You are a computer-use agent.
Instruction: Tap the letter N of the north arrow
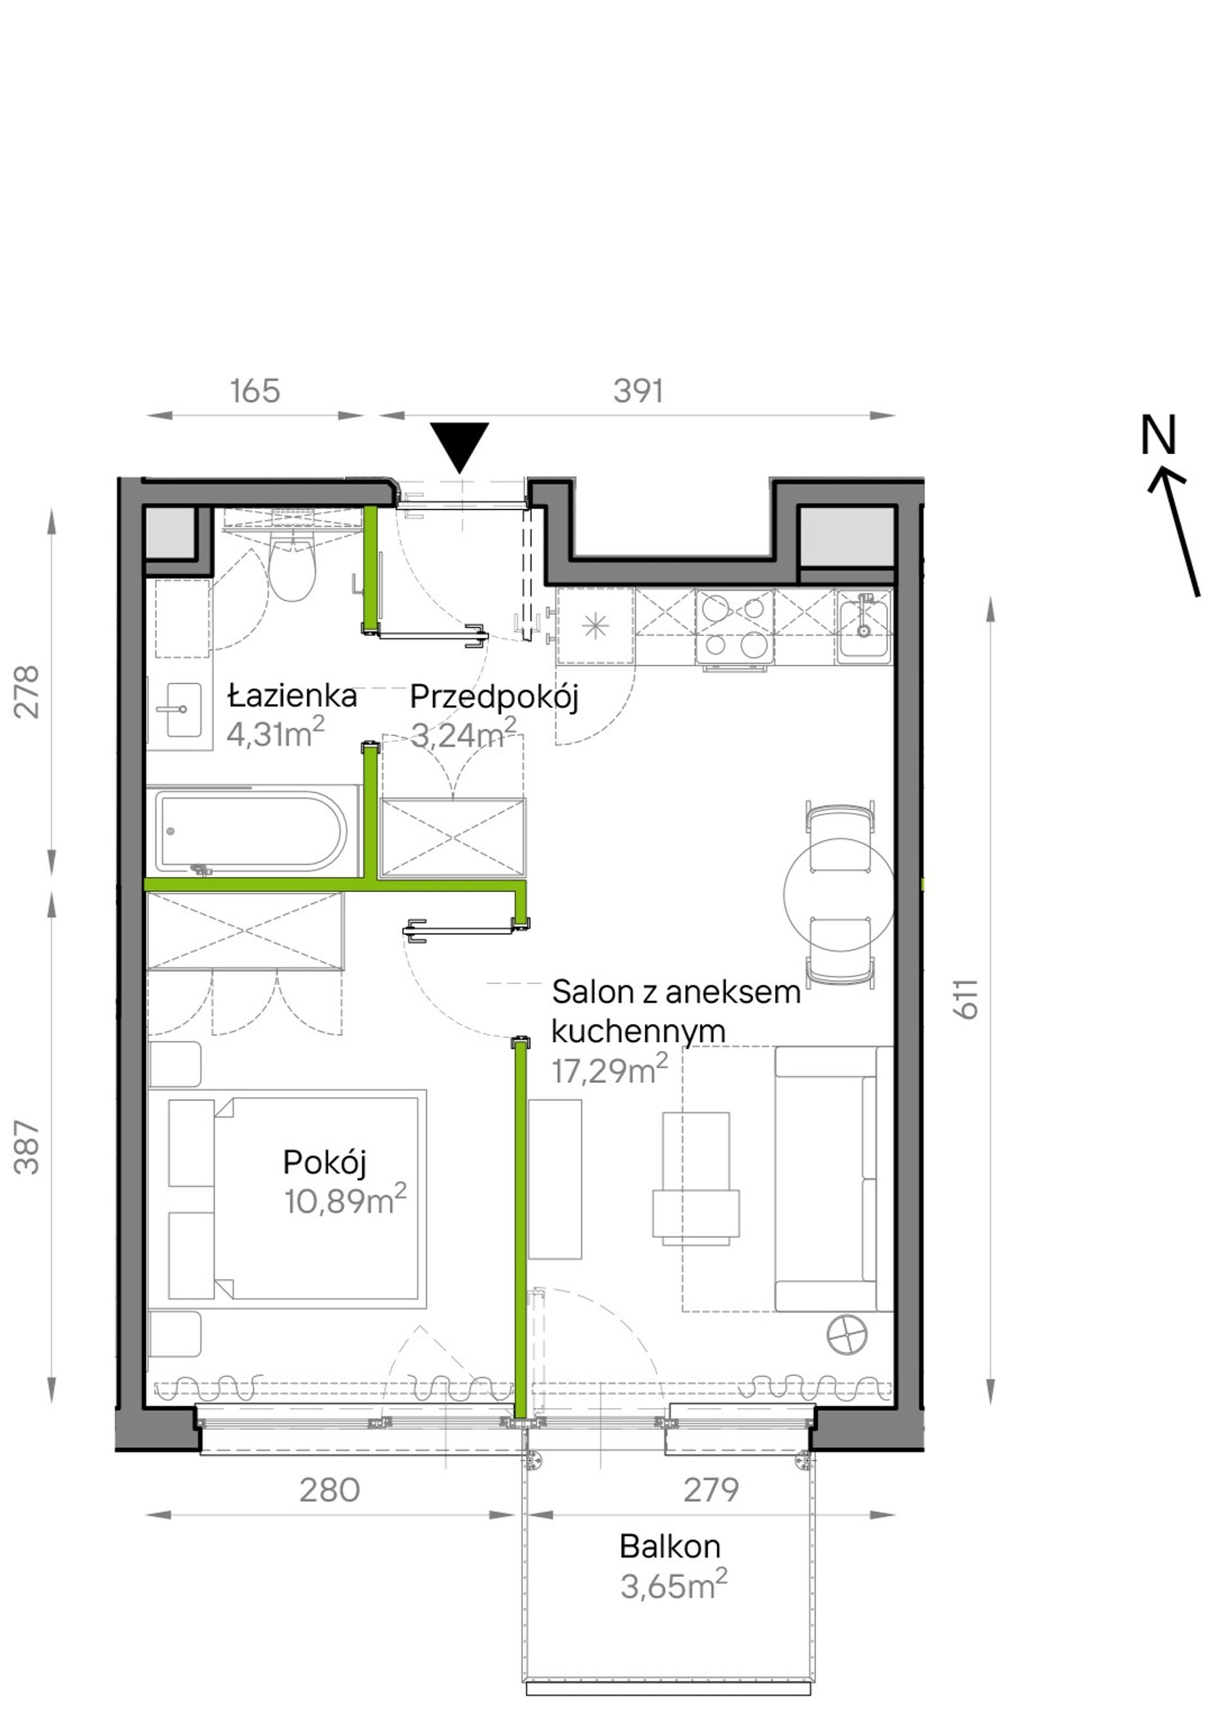[x=1158, y=436]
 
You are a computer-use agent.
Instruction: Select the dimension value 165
[x=255, y=392]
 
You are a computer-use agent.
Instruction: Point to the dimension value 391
[x=638, y=392]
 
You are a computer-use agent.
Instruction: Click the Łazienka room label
[x=292, y=696]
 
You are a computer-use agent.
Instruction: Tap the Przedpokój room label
[x=494, y=698]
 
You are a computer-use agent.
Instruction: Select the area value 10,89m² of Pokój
[x=345, y=1201]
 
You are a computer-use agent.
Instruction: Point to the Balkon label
[x=670, y=1546]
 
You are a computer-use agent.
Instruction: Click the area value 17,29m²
[x=610, y=1070]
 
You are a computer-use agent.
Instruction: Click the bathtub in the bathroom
[x=252, y=833]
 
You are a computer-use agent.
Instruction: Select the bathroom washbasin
[x=181, y=710]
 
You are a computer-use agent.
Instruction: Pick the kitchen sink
[x=864, y=626]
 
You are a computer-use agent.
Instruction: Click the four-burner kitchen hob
[x=735, y=626]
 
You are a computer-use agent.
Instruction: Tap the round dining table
[x=839, y=894]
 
